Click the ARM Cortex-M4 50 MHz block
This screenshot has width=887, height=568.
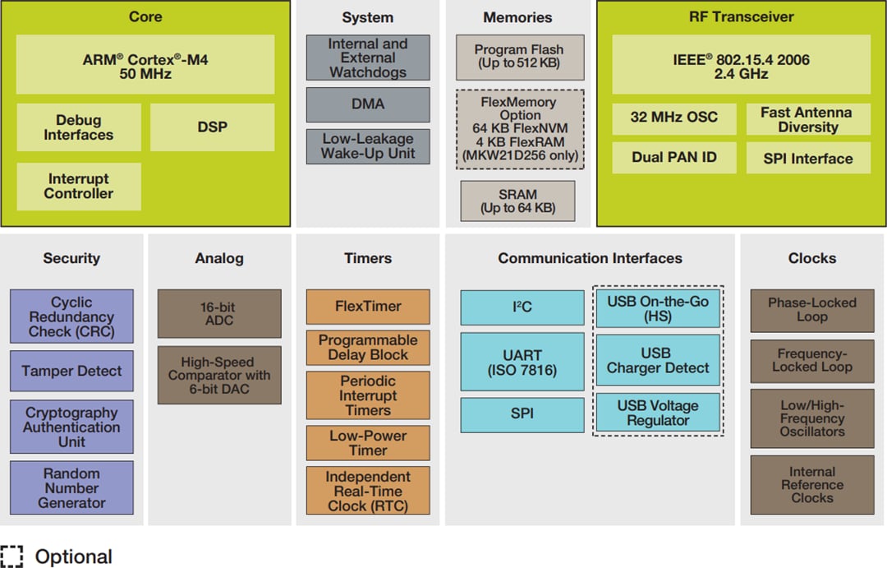(x=145, y=65)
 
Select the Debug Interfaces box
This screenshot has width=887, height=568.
(x=79, y=127)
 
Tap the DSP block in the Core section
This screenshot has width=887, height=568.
(x=212, y=127)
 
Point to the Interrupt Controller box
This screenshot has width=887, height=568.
(x=79, y=187)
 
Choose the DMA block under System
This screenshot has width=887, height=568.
(x=368, y=104)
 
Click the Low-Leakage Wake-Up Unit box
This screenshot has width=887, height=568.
(x=368, y=146)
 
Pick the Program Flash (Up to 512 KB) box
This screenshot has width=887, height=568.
(x=520, y=57)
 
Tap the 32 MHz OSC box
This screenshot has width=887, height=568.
(x=673, y=118)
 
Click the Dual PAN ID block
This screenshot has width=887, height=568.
(x=673, y=157)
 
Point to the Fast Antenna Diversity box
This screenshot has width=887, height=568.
(x=808, y=120)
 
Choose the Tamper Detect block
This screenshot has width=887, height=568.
(x=71, y=371)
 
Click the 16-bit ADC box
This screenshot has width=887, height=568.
(x=219, y=313)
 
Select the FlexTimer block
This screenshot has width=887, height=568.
(x=368, y=307)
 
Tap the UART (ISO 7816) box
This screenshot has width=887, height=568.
(x=522, y=363)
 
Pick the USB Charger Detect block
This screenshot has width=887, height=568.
(x=657, y=360)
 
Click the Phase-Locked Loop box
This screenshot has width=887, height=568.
(x=811, y=310)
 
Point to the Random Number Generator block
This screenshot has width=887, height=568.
(x=71, y=488)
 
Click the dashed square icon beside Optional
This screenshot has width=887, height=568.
(x=11, y=556)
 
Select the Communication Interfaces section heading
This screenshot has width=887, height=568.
(x=590, y=258)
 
